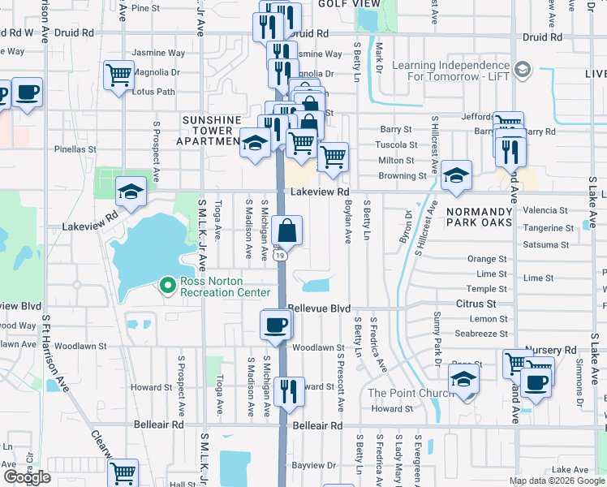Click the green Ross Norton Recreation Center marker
click(x=168, y=285)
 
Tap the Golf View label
click(x=342, y=4)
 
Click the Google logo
click(x=26, y=477)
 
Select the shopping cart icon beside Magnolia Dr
click(x=119, y=75)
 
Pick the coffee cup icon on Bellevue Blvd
click(x=276, y=325)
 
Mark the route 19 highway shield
click(x=280, y=255)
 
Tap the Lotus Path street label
click(x=153, y=92)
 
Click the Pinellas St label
click(x=75, y=149)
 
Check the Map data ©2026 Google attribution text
click(x=556, y=481)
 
